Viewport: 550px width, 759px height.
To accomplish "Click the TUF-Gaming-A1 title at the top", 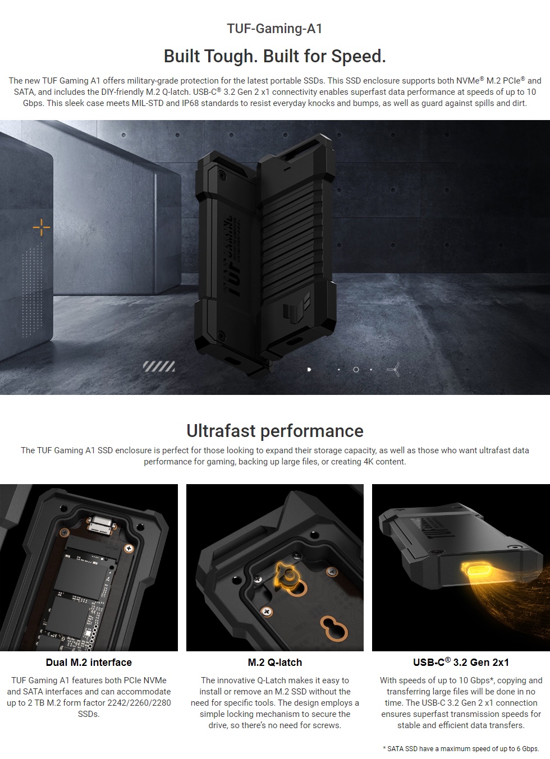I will tap(274, 29).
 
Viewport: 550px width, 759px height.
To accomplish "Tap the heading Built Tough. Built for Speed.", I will tap(274, 56).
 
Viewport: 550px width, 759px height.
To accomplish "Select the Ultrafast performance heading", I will tap(274, 431).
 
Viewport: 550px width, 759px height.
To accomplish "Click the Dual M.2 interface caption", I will tap(89, 663).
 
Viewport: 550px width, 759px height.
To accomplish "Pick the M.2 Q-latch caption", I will tap(274, 663).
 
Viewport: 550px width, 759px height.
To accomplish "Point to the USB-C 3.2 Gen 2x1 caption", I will tap(461, 663).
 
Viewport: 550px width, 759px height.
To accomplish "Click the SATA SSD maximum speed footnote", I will tap(460, 749).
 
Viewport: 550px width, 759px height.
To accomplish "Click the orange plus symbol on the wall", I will tap(42, 227).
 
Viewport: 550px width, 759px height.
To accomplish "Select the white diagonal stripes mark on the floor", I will tap(158, 367).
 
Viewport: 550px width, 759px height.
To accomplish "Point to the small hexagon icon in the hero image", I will tap(356, 370).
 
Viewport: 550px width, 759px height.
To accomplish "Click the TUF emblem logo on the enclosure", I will tap(293, 310).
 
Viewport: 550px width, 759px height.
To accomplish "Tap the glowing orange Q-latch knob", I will tap(289, 575).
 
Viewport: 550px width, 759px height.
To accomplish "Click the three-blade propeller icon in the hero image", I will tap(394, 369).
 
